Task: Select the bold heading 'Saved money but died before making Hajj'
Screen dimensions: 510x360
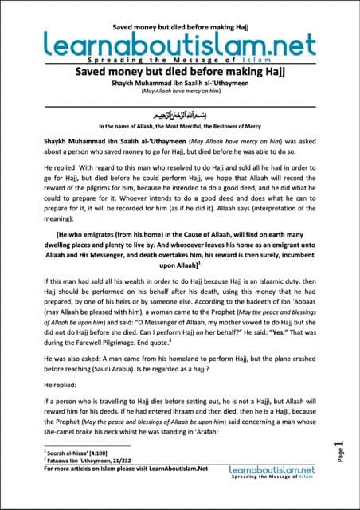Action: [x=180, y=72]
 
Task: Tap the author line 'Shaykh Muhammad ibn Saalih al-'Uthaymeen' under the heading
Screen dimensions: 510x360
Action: [x=180, y=83]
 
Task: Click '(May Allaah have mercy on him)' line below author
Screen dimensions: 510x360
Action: [x=180, y=92]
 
